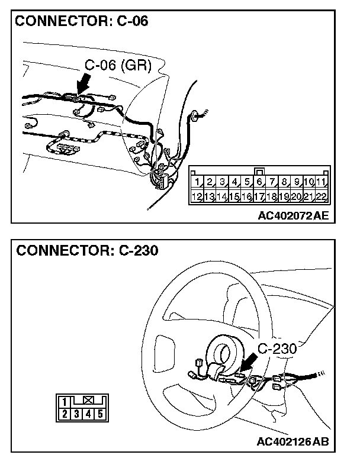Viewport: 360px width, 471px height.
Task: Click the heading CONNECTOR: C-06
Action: point(81,22)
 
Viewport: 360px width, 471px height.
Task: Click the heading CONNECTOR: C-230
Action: point(87,250)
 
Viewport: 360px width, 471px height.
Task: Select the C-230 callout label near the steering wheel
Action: point(277,349)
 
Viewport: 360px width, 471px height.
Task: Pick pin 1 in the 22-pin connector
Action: point(198,182)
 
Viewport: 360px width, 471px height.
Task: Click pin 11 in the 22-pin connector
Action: point(322,182)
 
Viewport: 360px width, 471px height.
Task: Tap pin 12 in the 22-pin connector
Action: point(198,196)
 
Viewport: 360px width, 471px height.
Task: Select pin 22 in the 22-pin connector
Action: point(322,196)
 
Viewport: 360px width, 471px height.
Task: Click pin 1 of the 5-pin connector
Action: point(65,401)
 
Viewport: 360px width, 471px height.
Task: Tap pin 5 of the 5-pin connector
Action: point(100,414)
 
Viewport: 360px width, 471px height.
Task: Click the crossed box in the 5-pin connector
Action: point(88,401)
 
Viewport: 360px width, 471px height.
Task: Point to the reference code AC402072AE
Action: point(292,216)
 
